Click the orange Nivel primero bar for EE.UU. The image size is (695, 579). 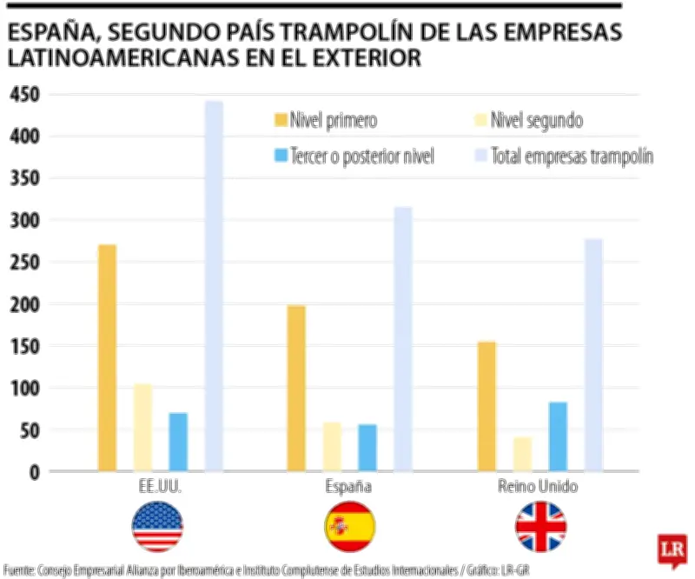pos(107,357)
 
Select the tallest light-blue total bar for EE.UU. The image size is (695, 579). pos(214,286)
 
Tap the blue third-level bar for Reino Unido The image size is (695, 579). pos(557,436)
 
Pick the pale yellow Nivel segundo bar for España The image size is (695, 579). pos(332,446)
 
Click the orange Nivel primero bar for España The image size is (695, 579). pos(296,388)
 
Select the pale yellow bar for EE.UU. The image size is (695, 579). pos(142,427)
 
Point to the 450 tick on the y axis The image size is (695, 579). pos(24,96)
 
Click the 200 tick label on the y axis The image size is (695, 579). pos(24,305)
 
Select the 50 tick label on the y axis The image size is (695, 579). pos(27,430)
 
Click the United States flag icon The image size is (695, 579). pos(158,527)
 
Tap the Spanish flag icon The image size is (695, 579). pos(349,527)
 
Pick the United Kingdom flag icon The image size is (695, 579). pos(540,527)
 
